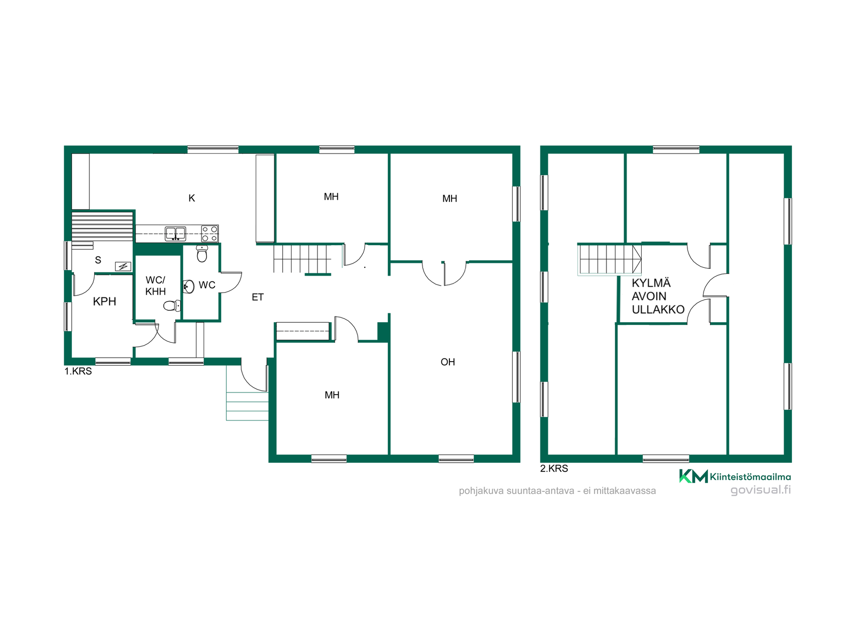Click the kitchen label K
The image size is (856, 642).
(192, 198)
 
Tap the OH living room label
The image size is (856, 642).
(448, 362)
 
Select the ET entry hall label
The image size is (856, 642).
(258, 297)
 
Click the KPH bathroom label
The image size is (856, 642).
(104, 301)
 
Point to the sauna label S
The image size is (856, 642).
(98, 260)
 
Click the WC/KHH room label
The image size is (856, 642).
(156, 286)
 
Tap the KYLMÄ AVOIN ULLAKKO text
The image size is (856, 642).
(658, 296)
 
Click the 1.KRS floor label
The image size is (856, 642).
(78, 371)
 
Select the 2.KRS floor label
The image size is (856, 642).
(554, 469)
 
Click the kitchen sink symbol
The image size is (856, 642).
(175, 234)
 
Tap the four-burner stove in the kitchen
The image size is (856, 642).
(210, 234)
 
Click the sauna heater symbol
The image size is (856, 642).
(123, 267)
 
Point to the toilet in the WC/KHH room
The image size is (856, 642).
(172, 305)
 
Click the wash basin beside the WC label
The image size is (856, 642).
(189, 287)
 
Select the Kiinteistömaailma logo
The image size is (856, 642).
(735, 476)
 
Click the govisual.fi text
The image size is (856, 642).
(761, 490)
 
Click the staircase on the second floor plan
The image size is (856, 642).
(609, 259)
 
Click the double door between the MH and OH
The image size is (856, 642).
(444, 273)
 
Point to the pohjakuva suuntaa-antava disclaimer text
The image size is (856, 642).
(557, 491)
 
